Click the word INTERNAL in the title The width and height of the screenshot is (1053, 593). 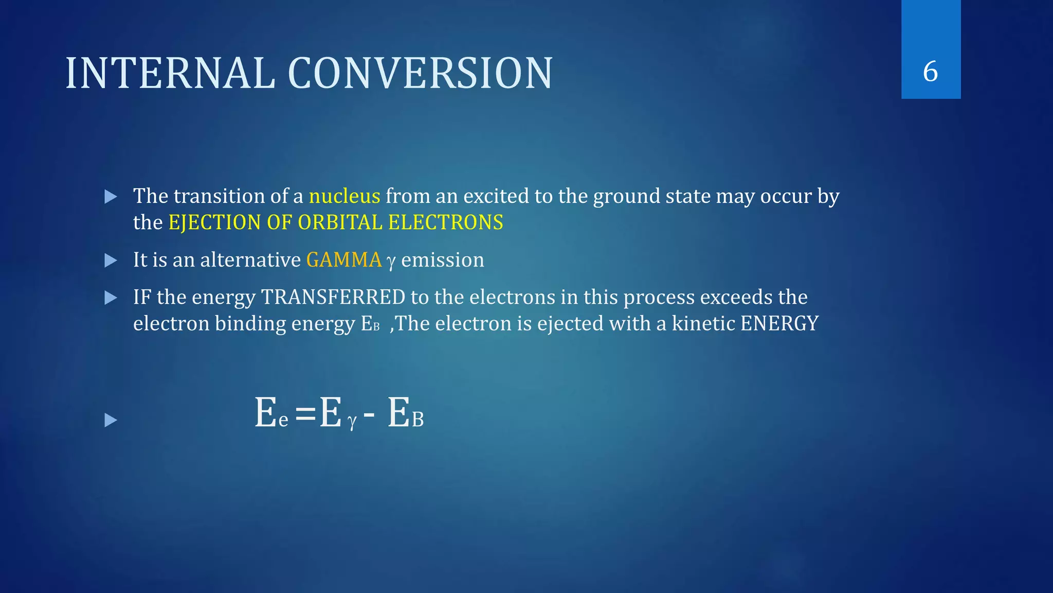point(170,74)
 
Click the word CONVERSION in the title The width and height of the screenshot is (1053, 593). point(420,74)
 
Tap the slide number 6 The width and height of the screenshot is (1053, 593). point(930,72)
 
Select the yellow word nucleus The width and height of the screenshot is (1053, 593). point(344,196)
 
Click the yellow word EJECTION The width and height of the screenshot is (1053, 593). point(214,222)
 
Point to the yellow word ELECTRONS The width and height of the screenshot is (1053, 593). point(446,222)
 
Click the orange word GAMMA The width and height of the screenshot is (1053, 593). point(344,260)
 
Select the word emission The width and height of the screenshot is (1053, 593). point(442,260)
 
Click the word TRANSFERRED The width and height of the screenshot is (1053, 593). point(333,298)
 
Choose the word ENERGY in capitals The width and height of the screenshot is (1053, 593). point(779,324)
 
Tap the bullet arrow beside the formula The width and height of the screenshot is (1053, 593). point(111,421)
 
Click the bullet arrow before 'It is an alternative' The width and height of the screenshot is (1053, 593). point(111,260)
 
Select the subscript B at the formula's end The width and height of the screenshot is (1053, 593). point(418,421)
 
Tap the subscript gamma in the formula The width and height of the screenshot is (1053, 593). point(352,422)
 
